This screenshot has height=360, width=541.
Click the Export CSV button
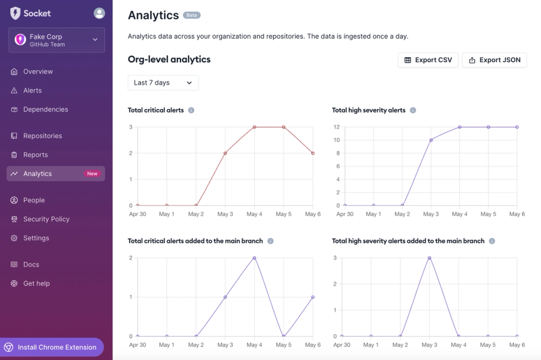pos(428,60)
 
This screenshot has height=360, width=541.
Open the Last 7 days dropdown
pos(163,83)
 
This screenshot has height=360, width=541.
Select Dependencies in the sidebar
pos(45,109)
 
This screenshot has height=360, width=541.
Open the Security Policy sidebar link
pos(46,219)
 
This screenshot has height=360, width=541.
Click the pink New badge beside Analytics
pos(93,174)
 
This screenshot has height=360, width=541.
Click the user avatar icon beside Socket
pos(99,13)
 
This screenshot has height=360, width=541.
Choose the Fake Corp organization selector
pos(56,40)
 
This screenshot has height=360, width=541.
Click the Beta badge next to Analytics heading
pos(192,15)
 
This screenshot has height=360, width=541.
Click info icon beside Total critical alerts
pos(191,110)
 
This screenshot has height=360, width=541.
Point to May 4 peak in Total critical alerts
pos(254,127)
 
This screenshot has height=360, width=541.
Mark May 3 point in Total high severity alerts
pos(431,140)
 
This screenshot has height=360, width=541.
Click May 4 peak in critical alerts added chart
pos(254,258)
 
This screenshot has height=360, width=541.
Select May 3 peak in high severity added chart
pos(430,258)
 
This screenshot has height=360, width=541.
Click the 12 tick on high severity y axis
pos(336,127)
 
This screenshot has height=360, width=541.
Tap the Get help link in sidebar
pos(36,283)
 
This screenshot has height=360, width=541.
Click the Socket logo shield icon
pos(15,13)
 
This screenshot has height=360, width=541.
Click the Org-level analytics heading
pos(169,59)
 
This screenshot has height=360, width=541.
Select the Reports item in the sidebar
pos(35,155)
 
